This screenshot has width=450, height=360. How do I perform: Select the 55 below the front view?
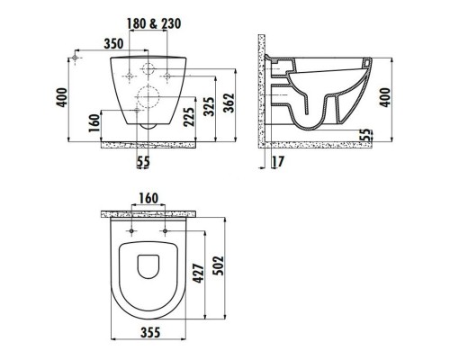[x=142, y=162]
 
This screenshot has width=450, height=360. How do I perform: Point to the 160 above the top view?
[x=149, y=197]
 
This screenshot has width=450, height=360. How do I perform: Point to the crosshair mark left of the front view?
[x=76, y=59]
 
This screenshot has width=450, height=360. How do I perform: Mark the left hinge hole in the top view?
[x=132, y=235]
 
